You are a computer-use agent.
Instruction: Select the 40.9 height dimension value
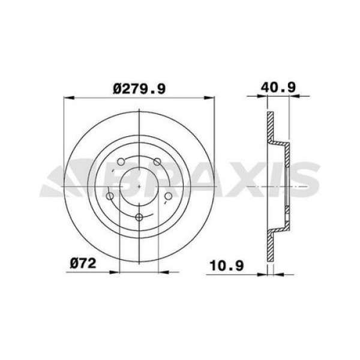point(277,88)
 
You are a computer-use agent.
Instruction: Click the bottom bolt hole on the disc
point(139,217)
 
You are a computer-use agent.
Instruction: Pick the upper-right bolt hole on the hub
point(157,161)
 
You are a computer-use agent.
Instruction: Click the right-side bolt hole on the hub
point(168,196)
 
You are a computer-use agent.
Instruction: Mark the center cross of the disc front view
point(139,187)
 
